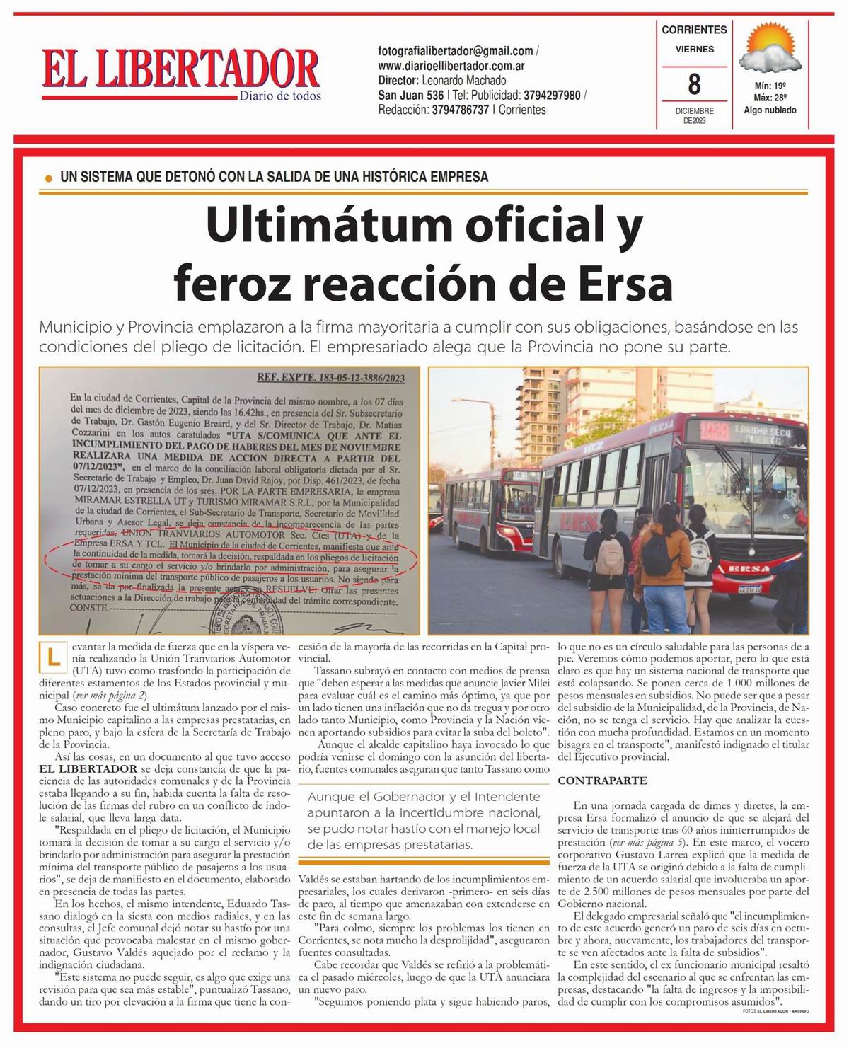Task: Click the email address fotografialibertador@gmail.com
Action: [x=456, y=51]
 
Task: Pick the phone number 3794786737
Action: [x=460, y=110]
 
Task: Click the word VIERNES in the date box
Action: [x=694, y=50]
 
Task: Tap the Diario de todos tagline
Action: [x=279, y=96]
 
